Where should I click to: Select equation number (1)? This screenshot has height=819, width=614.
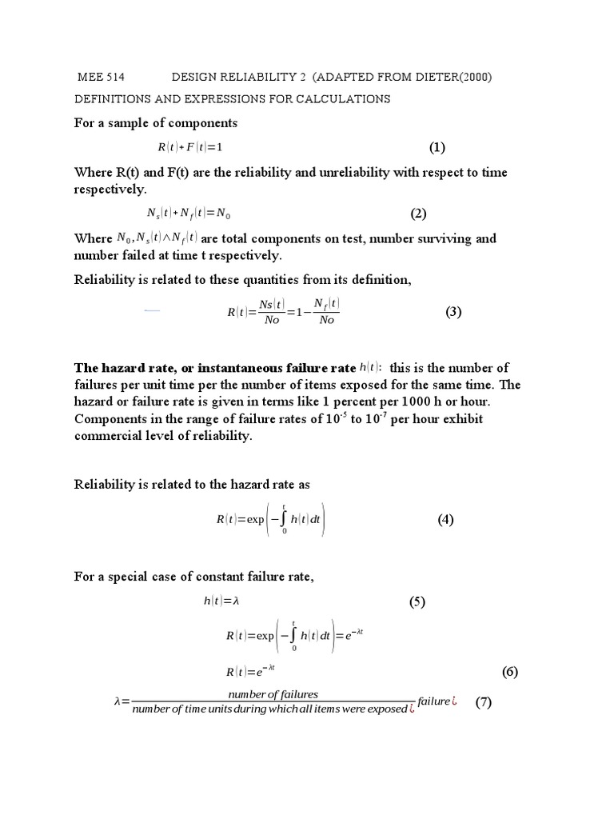[x=437, y=147]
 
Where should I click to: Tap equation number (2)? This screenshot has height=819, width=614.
[x=420, y=214]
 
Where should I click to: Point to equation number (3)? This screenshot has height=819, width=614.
[x=454, y=312]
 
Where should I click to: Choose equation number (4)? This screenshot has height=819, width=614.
[x=445, y=519]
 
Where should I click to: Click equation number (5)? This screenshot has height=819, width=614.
[x=417, y=602]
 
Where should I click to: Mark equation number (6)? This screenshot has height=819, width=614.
[x=511, y=671]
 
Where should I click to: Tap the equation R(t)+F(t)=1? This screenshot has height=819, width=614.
[x=189, y=148]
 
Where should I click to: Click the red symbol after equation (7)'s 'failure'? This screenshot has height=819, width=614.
[x=453, y=702]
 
